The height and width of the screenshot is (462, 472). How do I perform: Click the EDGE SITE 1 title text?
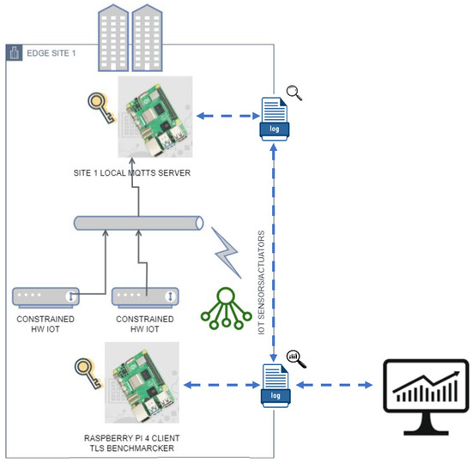coord(52,53)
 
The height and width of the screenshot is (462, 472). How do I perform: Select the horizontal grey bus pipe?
coord(136,223)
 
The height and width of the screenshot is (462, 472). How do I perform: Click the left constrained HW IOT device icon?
coord(46,297)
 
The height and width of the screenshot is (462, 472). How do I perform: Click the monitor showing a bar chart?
coord(426,390)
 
